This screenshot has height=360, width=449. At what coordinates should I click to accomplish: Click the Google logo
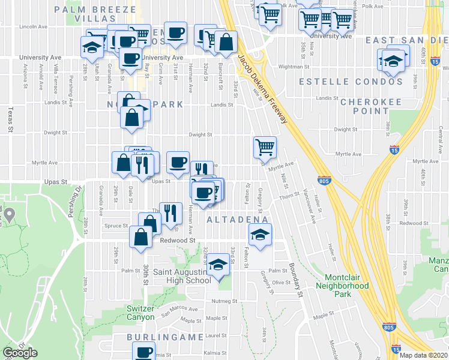20,353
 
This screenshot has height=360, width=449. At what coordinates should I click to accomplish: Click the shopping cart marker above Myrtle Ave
265,146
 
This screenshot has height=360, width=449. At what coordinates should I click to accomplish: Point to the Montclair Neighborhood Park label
346,281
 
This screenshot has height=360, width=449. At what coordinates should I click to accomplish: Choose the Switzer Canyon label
140,313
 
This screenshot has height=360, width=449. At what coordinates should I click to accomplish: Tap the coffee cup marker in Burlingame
143,352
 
